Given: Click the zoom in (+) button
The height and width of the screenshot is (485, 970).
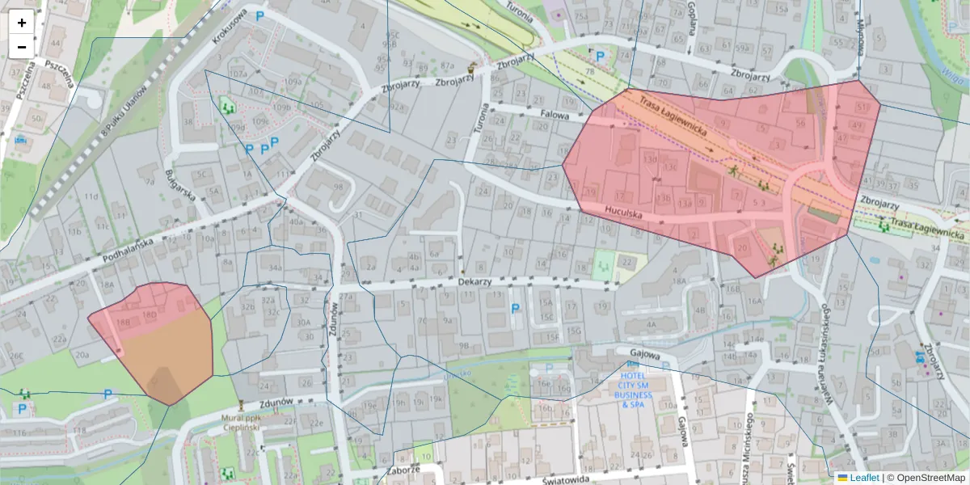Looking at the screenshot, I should point(22,23).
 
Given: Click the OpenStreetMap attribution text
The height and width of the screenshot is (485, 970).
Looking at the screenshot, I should point(929,478).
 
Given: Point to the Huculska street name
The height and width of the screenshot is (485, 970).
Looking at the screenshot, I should point(622,214).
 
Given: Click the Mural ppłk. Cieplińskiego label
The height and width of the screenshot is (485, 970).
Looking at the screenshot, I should point(242,422).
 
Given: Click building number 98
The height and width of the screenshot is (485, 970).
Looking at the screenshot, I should point(338,188).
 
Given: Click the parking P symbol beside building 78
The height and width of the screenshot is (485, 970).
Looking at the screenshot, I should point(600,57).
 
